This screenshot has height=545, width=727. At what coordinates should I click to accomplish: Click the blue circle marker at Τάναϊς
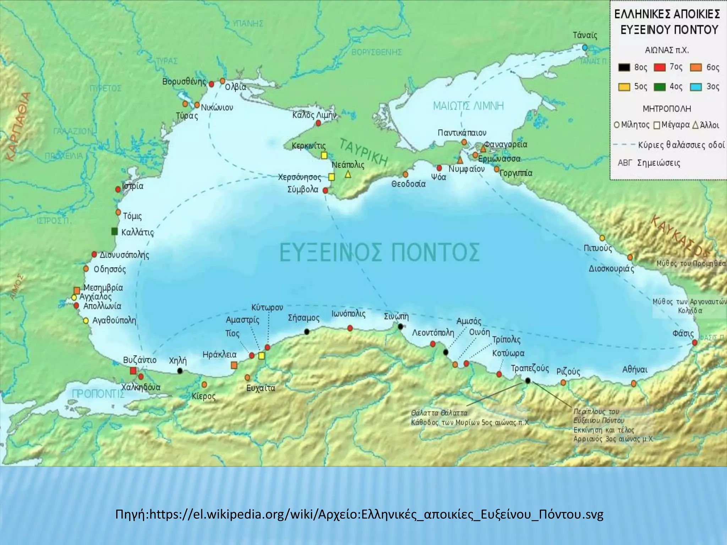pos(585,48)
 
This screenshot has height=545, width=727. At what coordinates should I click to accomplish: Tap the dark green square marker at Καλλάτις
pos(114,231)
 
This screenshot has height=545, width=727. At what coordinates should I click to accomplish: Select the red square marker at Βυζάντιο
pos(133,371)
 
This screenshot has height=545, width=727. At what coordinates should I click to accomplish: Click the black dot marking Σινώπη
pos(400,326)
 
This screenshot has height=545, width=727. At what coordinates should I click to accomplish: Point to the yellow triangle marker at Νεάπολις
pos(348,175)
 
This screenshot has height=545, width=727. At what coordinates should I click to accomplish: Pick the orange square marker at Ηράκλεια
pos(234,365)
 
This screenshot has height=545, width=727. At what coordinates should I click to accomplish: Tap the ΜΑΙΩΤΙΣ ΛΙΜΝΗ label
pos(468,106)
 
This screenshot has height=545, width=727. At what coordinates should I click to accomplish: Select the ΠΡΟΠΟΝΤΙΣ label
pos(98,394)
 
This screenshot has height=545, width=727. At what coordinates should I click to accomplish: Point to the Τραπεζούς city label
pos(530,368)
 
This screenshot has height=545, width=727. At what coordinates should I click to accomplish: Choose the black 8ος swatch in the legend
pos(624,67)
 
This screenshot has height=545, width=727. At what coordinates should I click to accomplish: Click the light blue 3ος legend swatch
pos(696,87)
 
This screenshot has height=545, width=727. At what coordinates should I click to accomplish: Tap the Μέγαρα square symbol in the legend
pos(657,125)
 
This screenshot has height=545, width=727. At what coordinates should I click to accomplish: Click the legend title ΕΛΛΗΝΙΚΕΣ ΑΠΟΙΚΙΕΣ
pos(667,14)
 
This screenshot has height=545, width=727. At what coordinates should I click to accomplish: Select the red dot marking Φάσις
pos(695,342)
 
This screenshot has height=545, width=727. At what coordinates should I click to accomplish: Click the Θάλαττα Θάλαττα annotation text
pos(439,413)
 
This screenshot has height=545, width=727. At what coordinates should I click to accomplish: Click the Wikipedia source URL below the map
pos(359,514)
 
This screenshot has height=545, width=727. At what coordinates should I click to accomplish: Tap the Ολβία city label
pos(235,87)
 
